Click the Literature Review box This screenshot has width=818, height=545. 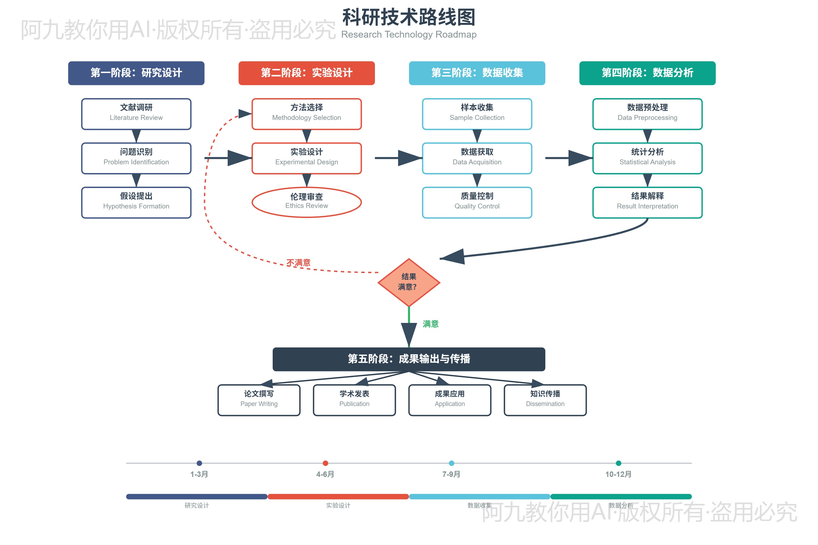[136, 114]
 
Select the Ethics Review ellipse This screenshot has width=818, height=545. [306, 202]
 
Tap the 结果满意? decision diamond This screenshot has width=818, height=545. [409, 282]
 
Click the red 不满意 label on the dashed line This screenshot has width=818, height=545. [298, 262]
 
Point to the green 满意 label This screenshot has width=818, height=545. [430, 324]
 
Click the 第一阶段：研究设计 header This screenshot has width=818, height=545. [136, 73]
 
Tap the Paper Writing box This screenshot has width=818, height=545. [259, 400]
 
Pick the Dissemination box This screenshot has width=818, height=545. [545, 400]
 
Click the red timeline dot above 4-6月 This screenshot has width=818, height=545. [325, 463]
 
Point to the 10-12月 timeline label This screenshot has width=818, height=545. [618, 474]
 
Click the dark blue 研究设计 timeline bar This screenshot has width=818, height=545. [197, 496]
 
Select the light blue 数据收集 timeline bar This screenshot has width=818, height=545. [479, 496]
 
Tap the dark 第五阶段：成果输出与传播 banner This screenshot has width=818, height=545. [409, 359]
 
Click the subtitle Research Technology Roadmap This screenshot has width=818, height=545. [409, 34]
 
